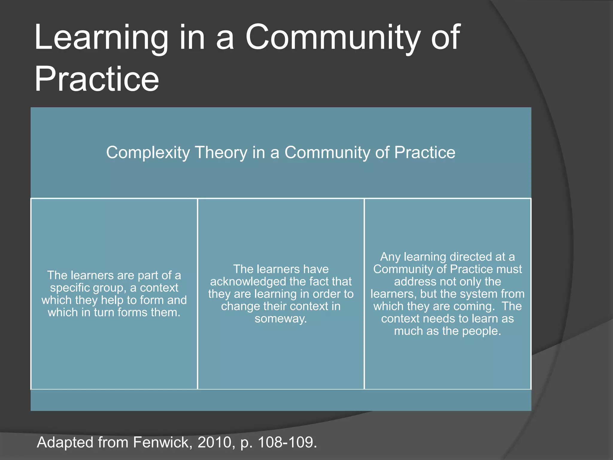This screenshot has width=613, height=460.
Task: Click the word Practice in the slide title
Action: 96,79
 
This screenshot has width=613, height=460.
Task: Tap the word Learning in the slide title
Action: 101,38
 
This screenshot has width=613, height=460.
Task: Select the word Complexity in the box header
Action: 148,153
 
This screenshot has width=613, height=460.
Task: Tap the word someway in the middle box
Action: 280,319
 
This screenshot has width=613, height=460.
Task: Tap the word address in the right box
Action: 411,282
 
